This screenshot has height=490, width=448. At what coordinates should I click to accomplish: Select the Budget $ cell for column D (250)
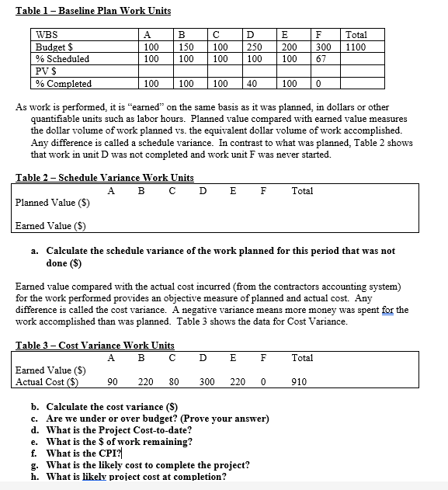coord(252,47)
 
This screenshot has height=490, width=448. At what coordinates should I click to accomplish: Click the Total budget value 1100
coord(356,47)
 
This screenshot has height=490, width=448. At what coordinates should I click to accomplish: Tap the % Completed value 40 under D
coord(252,84)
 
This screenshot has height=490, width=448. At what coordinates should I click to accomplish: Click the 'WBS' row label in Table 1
coord(47,35)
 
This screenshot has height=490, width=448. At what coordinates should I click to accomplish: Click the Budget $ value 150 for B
coord(185,47)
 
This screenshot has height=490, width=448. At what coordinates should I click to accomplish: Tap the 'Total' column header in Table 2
coord(302,189)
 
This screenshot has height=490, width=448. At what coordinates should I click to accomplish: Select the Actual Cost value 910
coord(299,382)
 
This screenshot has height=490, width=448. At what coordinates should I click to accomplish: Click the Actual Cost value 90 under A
coord(113,382)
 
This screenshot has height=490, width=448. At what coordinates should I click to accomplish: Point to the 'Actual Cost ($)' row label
coord(47,382)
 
